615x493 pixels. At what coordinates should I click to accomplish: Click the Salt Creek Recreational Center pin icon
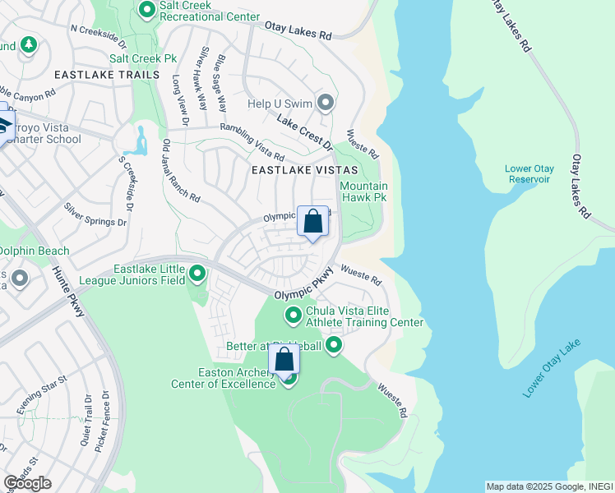pos(147,10)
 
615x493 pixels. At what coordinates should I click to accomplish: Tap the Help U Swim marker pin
pos(326,103)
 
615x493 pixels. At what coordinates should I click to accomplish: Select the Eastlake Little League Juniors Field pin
pos(197,274)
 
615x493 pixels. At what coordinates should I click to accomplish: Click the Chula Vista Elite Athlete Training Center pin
pos(293,316)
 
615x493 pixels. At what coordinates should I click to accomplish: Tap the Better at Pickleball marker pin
pos(334,345)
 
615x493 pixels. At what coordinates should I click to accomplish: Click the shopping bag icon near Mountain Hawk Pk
pos(313,222)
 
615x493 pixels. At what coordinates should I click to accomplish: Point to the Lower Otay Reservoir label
pos(529,174)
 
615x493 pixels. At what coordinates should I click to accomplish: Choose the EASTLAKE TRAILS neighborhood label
pos(106,75)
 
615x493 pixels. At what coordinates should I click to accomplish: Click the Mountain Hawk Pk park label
pos(363,192)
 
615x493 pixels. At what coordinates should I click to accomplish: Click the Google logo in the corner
pos(27,483)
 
